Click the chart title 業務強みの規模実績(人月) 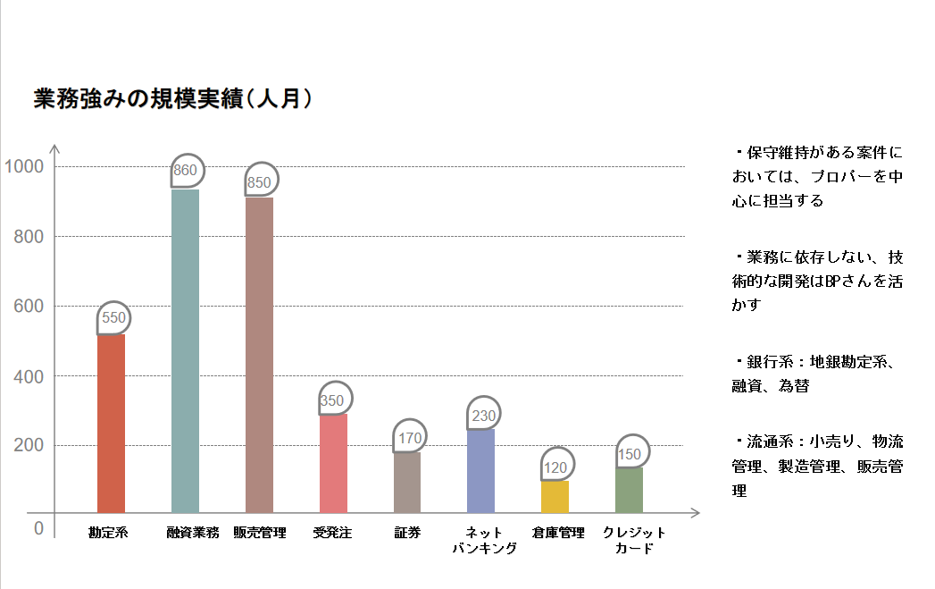point(173,99)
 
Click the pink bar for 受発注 point(333,463)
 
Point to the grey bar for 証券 point(407,483)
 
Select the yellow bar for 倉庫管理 point(555,497)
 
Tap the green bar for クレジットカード point(630,490)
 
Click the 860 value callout point(187,170)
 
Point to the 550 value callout point(113,317)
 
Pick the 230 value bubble point(483,415)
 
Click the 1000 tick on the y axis point(24,166)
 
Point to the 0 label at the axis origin point(38,528)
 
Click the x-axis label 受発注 point(333,534)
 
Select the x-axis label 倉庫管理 point(557,534)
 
